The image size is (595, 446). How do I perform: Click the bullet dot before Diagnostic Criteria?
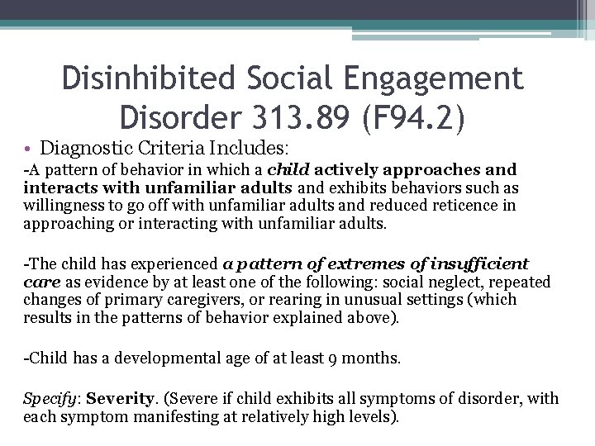pyautogui.click(x=28, y=149)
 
